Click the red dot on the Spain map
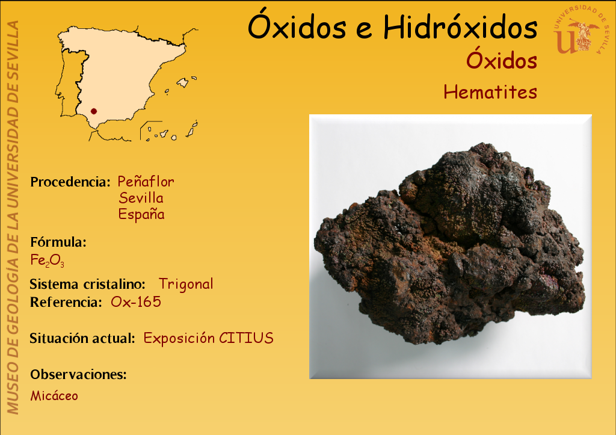93,111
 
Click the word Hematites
490,92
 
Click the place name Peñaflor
146,182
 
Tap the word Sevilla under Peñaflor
141,198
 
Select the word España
141,214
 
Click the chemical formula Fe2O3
47,260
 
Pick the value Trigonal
186,284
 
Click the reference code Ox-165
136,302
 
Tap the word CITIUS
246,338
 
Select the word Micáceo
54,395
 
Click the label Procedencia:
70,182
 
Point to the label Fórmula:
58,242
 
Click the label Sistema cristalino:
87,284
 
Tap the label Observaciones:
79,374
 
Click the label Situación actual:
82,338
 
